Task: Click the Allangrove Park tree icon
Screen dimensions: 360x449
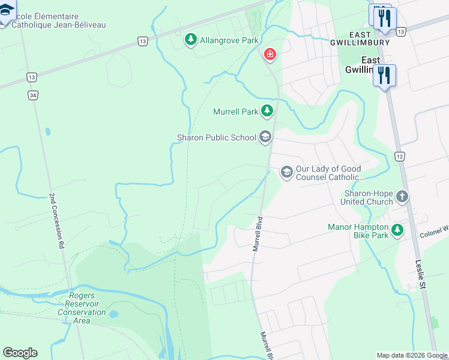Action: (x=191, y=40)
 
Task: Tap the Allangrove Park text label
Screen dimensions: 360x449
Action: (x=229, y=40)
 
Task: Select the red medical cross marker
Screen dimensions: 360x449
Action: (x=270, y=55)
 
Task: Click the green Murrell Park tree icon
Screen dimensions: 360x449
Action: (x=267, y=111)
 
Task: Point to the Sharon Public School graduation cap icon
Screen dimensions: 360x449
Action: (x=265, y=137)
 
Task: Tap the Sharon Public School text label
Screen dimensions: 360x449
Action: (x=217, y=137)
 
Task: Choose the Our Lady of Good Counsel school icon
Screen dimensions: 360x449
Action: (x=287, y=173)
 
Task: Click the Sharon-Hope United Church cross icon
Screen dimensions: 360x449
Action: (x=402, y=197)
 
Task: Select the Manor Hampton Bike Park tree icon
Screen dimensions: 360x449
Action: (x=397, y=230)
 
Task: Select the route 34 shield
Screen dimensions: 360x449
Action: (x=32, y=95)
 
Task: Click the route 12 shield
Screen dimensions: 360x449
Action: (x=400, y=156)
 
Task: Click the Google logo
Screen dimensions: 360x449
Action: (x=20, y=353)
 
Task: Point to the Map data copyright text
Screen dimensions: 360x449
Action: (x=412, y=355)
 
